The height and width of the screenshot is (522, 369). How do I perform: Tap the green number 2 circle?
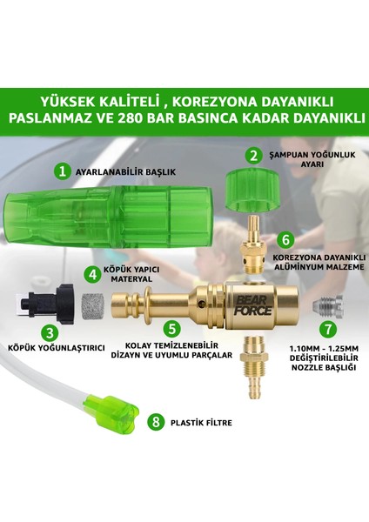(x=252, y=157)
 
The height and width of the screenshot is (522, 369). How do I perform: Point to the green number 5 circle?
(x=173, y=329)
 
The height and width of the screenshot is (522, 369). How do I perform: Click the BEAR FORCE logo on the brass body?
(x=224, y=304)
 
